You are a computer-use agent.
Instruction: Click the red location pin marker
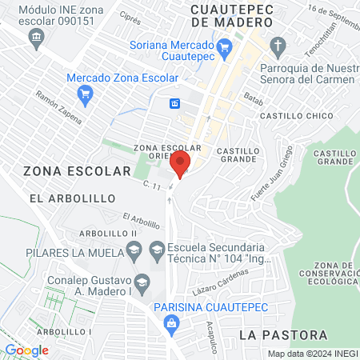click(x=180, y=165)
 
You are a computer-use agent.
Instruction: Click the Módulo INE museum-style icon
click(x=36, y=38)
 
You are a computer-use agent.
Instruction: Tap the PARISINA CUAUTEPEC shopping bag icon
click(x=170, y=322)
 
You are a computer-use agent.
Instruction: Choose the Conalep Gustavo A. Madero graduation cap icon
click(x=142, y=282)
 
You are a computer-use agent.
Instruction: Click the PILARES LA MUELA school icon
click(x=134, y=250)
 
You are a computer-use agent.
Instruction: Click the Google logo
click(x=26, y=350)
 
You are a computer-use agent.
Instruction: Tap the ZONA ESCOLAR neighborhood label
click(x=76, y=171)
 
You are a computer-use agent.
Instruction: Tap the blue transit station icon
click(x=174, y=102)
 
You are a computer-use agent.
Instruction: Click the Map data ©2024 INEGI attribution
click(x=312, y=353)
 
